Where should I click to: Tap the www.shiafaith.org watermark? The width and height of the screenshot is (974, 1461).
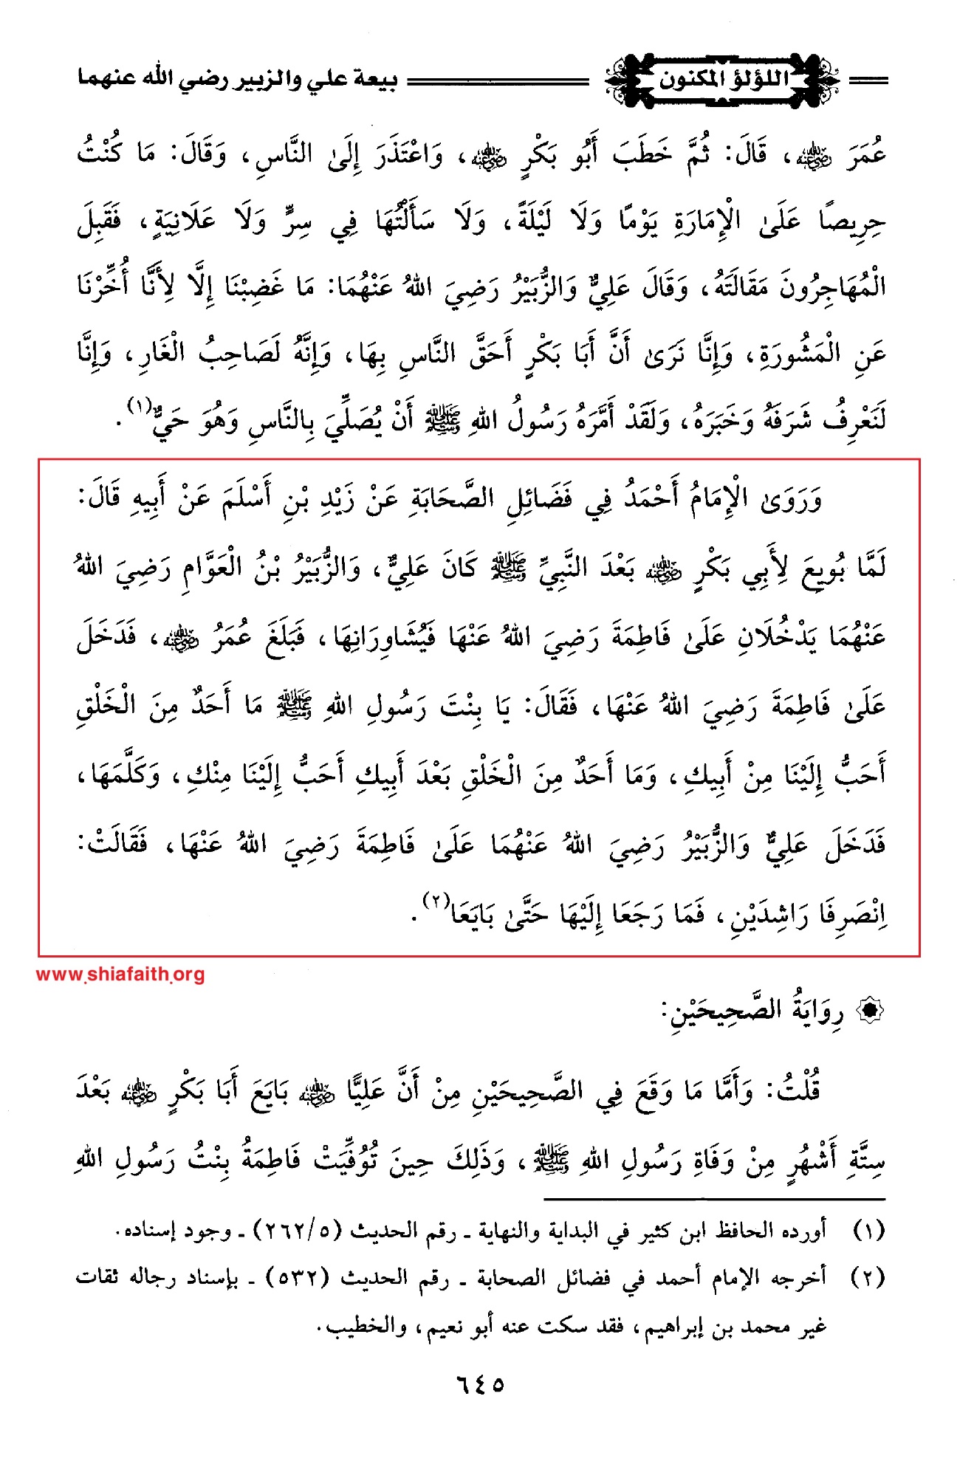coord(120,974)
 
